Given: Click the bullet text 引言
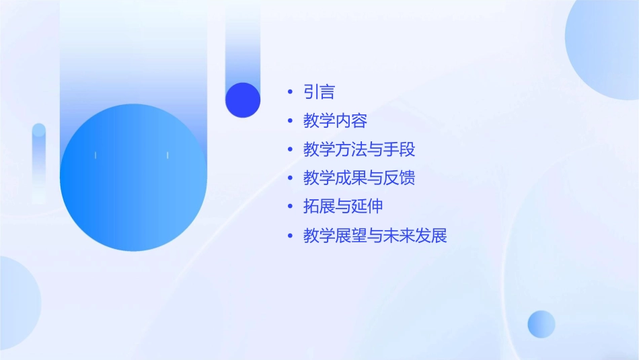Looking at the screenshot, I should click(x=319, y=92).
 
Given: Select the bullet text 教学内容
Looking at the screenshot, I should click(x=335, y=121).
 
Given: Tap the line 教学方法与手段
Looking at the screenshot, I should click(x=359, y=149).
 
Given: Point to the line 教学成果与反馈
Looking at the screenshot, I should click(x=359, y=178).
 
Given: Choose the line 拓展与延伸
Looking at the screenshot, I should click(x=343, y=207).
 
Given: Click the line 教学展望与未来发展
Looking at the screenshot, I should click(x=375, y=236).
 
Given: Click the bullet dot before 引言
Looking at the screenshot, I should click(x=290, y=92).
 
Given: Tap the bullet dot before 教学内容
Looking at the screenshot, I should click(x=290, y=121).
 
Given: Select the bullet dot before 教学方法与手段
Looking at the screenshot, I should click(x=290, y=149).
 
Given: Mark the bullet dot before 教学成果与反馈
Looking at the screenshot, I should click(x=290, y=178).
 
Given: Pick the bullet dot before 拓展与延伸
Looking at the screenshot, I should click(x=290, y=207).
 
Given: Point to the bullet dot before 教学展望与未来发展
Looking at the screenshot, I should click(x=290, y=236).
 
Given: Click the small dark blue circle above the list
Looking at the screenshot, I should click(x=243, y=100).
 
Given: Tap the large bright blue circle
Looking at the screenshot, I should click(x=133, y=178).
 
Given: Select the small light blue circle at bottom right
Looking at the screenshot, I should click(x=541, y=324).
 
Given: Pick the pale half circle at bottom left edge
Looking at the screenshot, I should click(x=17, y=303).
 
